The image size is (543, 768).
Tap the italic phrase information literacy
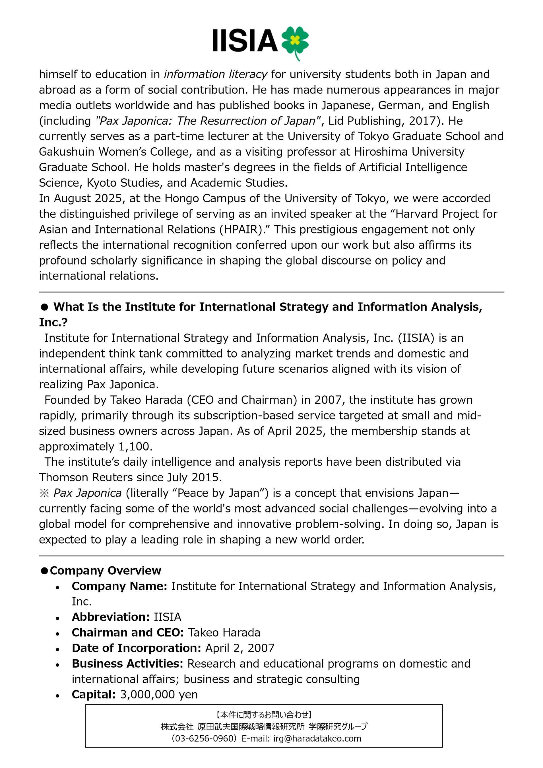click(x=215, y=74)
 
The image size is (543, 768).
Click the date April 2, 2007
click(x=240, y=648)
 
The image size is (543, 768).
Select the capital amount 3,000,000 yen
click(x=159, y=694)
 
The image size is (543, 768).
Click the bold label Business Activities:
click(x=127, y=663)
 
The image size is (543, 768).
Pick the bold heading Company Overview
click(x=106, y=570)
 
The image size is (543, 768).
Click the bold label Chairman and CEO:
click(x=128, y=633)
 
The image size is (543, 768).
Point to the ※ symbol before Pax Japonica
click(x=44, y=493)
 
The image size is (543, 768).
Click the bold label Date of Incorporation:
click(x=136, y=648)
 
